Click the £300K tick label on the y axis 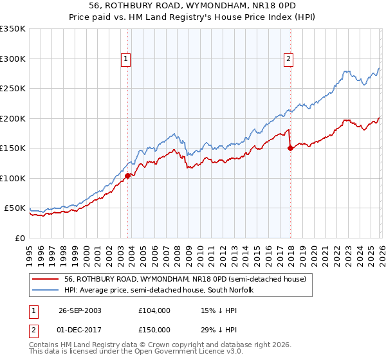13,59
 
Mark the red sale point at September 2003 128,175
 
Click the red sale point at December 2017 289,148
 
